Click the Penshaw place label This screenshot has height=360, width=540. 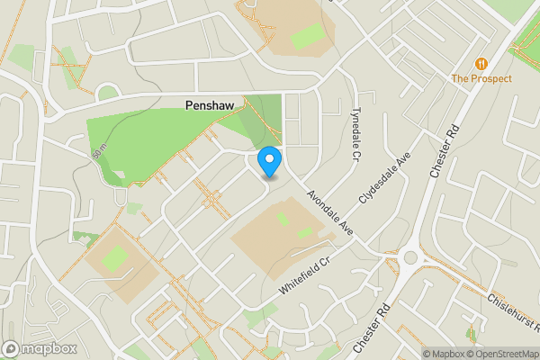click(x=210, y=105)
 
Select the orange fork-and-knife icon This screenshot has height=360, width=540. click(x=482, y=64)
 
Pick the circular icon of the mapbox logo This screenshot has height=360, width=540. click(x=12, y=348)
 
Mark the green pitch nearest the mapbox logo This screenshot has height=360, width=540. click(x=115, y=259)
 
